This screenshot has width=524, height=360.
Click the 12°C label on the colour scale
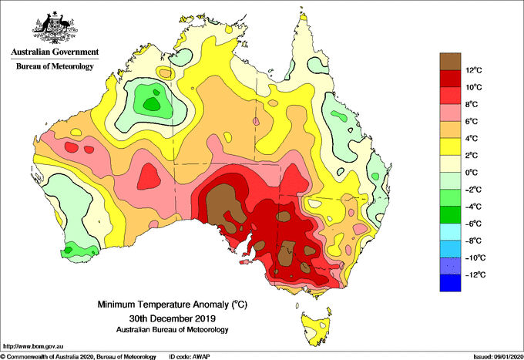[474, 70]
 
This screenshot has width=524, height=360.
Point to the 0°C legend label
[472, 173]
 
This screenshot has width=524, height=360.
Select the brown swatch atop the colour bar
[450, 62]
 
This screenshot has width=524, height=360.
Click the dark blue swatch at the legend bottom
[450, 283]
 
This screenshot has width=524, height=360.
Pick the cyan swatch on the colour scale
[450, 232]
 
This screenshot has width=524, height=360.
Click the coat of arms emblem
[55, 28]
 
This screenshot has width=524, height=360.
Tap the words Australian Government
[55, 52]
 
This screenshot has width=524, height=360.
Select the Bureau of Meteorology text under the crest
[55, 66]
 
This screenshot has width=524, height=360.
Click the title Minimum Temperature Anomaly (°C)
[172, 304]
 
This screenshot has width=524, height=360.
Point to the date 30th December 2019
[172, 318]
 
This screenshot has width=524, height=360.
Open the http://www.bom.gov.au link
[33, 346]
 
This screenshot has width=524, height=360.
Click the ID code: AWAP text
[190, 357]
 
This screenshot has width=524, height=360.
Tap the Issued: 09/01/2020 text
[498, 357]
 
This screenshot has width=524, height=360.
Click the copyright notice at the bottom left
[79, 357]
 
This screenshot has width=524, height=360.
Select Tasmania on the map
[316, 328]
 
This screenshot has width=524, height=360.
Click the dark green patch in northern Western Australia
[152, 104]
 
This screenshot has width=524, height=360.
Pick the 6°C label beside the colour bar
[472, 121]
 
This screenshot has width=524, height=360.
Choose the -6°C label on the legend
[473, 224]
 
